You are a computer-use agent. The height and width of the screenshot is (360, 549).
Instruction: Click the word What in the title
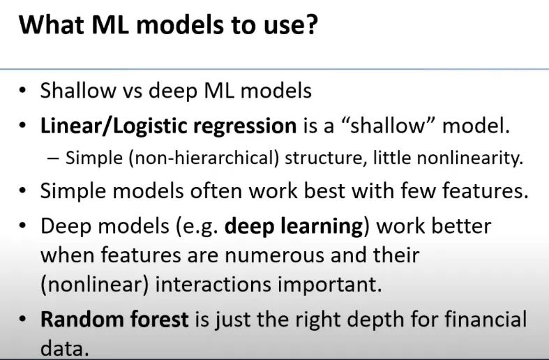(52, 24)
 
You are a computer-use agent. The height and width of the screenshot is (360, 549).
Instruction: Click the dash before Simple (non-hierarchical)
(53, 158)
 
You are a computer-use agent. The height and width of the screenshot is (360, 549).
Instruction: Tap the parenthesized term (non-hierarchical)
(204, 158)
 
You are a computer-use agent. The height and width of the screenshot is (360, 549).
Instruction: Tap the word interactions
(213, 284)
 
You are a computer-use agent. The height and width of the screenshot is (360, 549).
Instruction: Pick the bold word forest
(159, 320)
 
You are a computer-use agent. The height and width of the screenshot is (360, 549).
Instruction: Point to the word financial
(486, 320)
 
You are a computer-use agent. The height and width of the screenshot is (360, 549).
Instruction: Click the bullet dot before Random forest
(23, 319)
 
